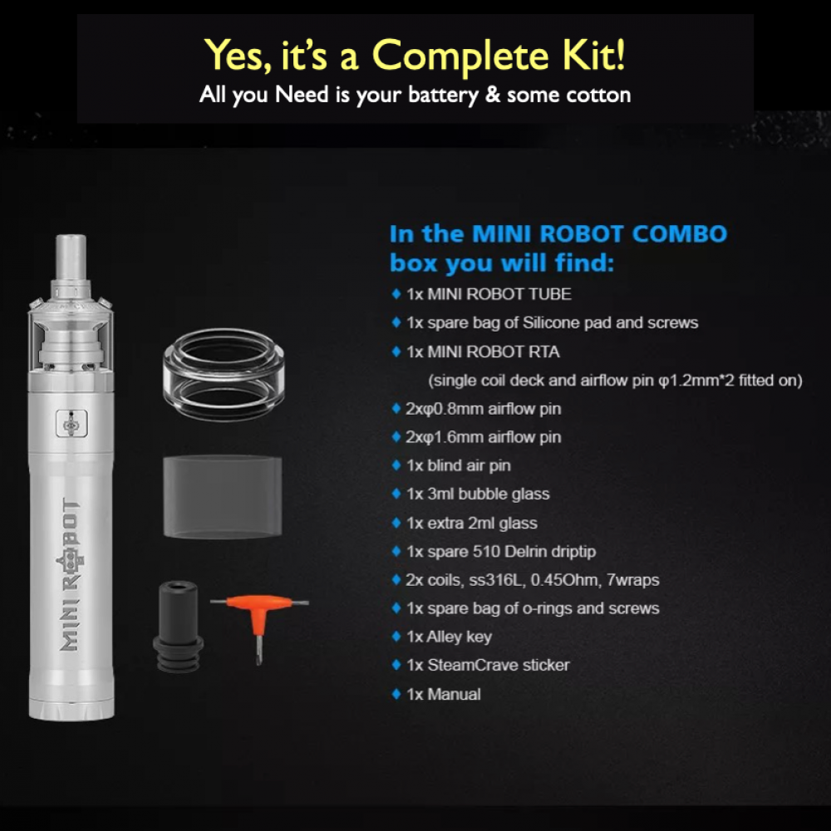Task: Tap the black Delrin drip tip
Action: [178, 627]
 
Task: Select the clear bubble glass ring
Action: [223, 374]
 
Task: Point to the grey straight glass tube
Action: [223, 497]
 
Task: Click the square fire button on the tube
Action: [71, 424]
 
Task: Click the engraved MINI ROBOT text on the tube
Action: [71, 574]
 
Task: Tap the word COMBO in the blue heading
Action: [680, 234]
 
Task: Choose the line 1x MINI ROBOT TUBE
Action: [489, 294]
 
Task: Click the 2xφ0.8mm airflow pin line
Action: [484, 409]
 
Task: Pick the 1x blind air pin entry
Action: [459, 465]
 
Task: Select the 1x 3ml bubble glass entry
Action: [478, 494]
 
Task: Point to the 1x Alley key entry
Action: [449, 637]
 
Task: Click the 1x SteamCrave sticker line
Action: [488, 665]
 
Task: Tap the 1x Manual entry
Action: [444, 694]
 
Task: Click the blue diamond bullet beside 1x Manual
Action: [396, 694]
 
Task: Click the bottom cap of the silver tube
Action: [71, 711]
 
